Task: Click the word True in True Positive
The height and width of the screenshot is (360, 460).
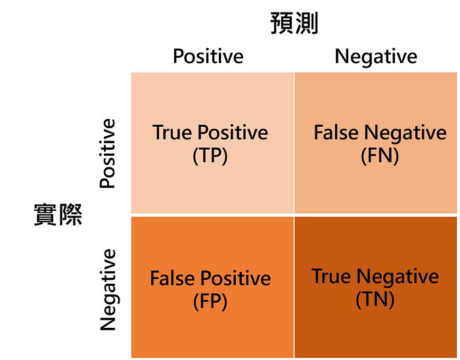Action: (171, 133)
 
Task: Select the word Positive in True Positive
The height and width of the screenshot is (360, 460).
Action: (230, 133)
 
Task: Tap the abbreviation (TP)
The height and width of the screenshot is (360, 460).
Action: (210, 157)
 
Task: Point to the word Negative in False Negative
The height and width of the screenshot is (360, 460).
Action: (404, 133)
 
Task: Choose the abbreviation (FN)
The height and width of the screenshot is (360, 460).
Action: (380, 156)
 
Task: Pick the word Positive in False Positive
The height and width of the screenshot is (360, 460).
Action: (234, 278)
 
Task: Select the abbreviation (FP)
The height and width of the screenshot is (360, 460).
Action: (210, 302)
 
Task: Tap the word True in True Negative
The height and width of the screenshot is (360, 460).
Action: (331, 276)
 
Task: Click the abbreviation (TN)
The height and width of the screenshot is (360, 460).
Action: (375, 300)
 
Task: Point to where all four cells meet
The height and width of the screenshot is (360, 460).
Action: (294, 215)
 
